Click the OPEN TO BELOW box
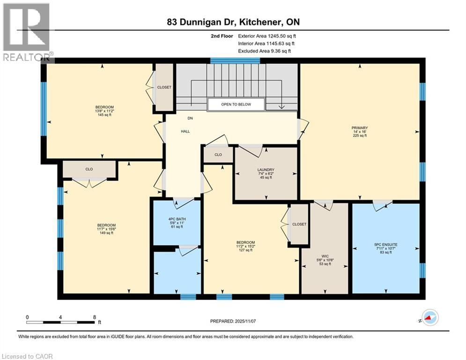tap(236, 104)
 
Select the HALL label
tap(185, 132)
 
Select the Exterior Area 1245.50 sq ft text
tap(267, 36)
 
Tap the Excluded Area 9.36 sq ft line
tap(264, 51)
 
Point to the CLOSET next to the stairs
tap(164, 88)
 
